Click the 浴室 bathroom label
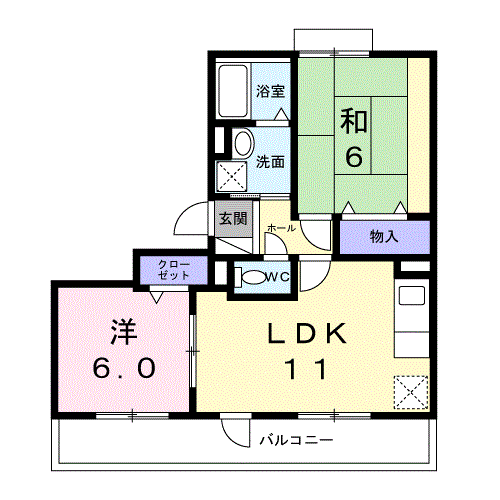pyautogui.click(x=271, y=91)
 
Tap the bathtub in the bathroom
pyautogui.click(x=233, y=91)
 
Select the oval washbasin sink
pyautogui.click(x=243, y=144)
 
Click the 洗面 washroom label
pyautogui.click(x=270, y=162)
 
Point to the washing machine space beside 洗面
pyautogui.click(x=232, y=176)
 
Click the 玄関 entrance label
pyautogui.click(x=233, y=219)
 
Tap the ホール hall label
pyautogui.click(x=281, y=228)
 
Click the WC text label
pyautogui.click(x=277, y=277)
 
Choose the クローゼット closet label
pyautogui.click(x=174, y=270)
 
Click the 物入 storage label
pyautogui.click(x=384, y=237)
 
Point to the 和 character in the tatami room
pyautogui.click(x=354, y=121)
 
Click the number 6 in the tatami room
pyautogui.click(x=354, y=156)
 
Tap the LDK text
pyautogui.click(x=307, y=333)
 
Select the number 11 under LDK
pyautogui.click(x=306, y=369)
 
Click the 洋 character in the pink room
pyautogui.click(x=124, y=332)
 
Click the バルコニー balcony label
pyautogui.click(x=296, y=440)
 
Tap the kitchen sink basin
pyautogui.click(x=412, y=295)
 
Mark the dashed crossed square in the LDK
pyautogui.click(x=411, y=392)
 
